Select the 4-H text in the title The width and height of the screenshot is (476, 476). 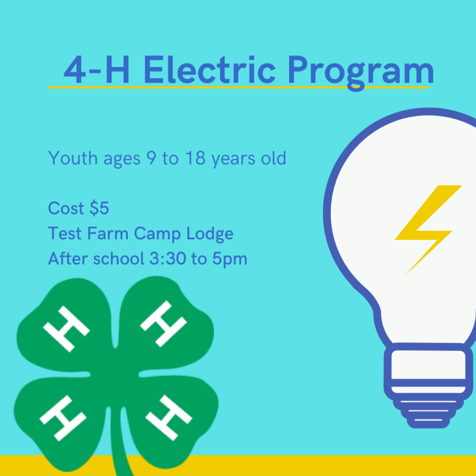coord(97,71)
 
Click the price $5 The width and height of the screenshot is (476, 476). coord(99,209)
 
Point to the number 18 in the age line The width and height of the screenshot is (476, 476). coord(197,159)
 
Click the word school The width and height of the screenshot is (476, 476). coord(119,259)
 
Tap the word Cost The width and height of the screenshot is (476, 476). coord(66,209)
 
